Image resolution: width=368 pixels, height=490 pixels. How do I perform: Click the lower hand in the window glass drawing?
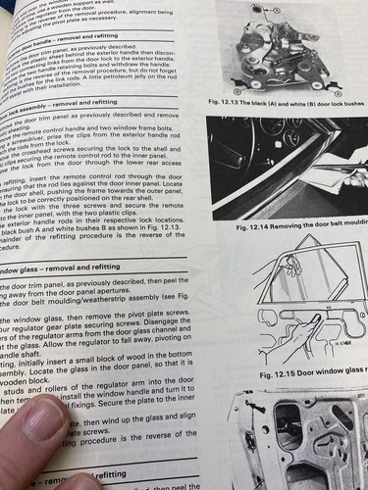click(x=294, y=338)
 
